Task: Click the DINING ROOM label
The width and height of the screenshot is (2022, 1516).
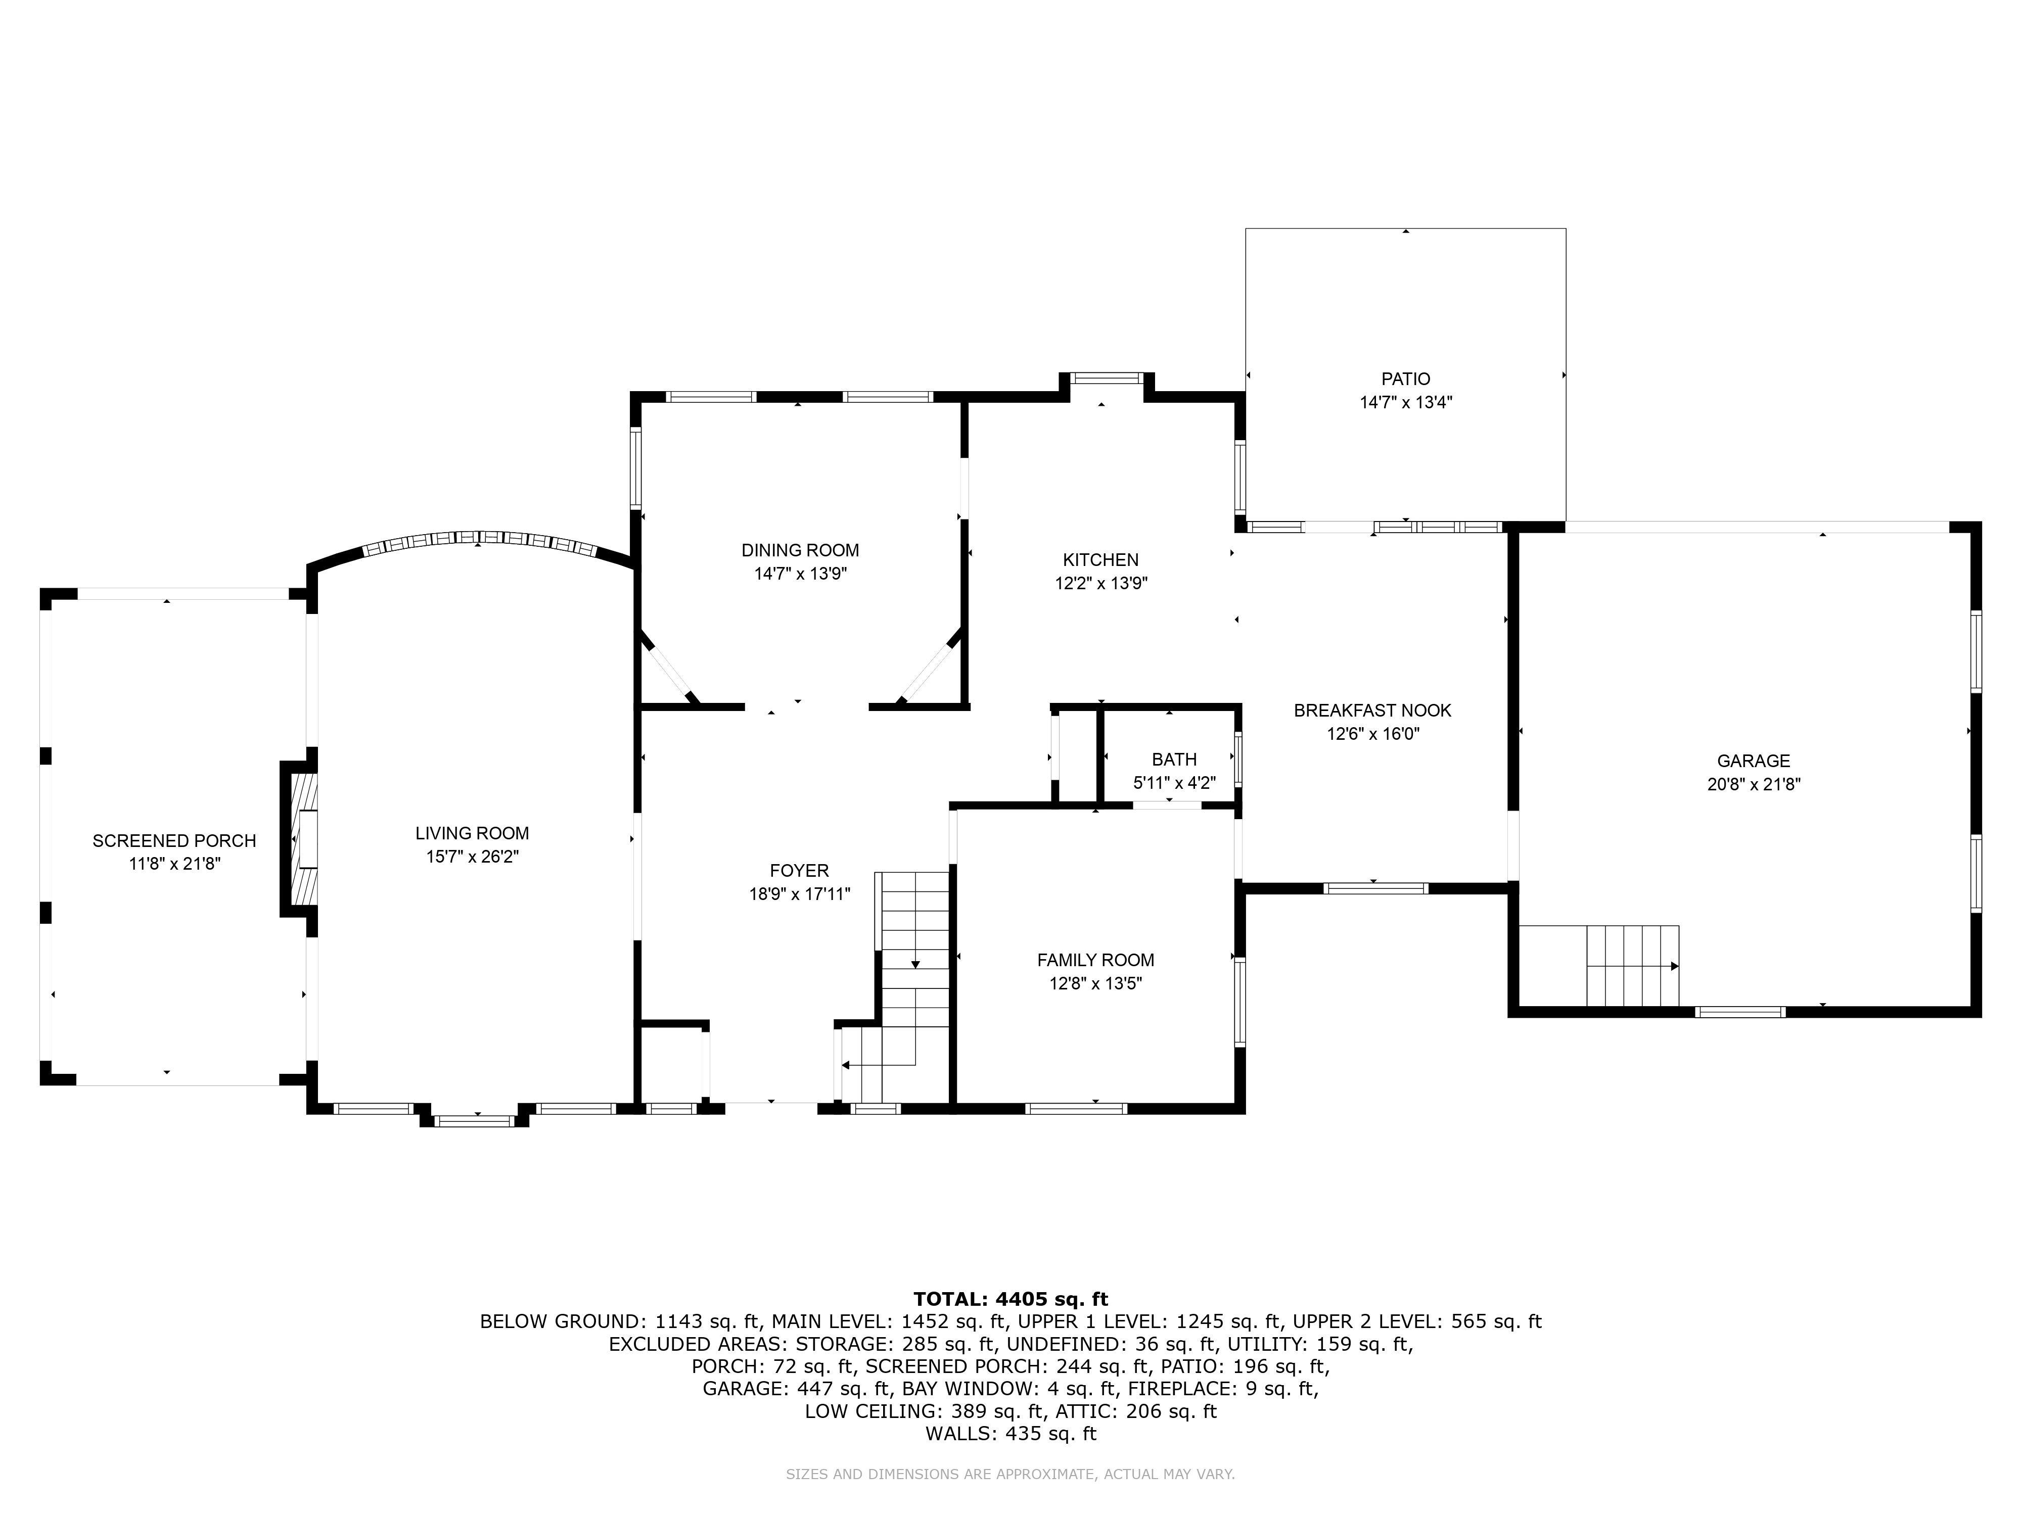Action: click(x=800, y=550)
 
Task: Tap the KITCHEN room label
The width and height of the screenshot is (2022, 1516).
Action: click(x=1100, y=559)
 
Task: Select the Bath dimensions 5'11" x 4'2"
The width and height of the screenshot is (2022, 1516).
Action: click(x=1175, y=782)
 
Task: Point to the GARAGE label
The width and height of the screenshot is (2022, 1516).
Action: click(x=1753, y=761)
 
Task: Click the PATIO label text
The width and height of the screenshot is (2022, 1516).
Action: click(x=1406, y=378)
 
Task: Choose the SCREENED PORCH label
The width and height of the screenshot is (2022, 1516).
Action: click(x=174, y=841)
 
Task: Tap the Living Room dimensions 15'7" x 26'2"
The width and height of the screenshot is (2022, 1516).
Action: click(x=473, y=856)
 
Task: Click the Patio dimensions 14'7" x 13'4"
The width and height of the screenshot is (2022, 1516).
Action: click(x=1406, y=402)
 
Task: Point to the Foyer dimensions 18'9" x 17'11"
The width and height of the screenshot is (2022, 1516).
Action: click(x=800, y=894)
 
